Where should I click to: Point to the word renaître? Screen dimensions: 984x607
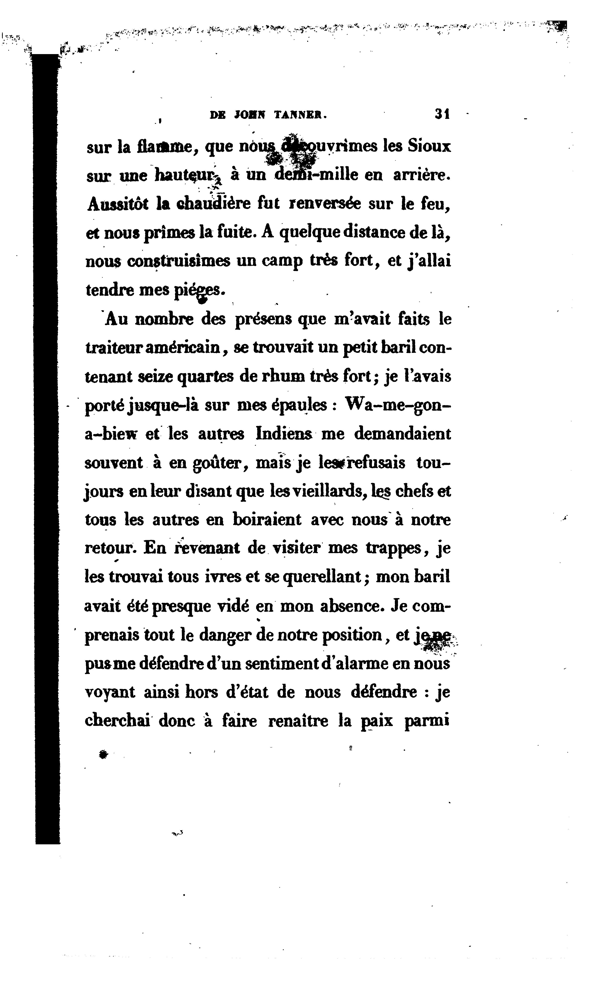[298, 721]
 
